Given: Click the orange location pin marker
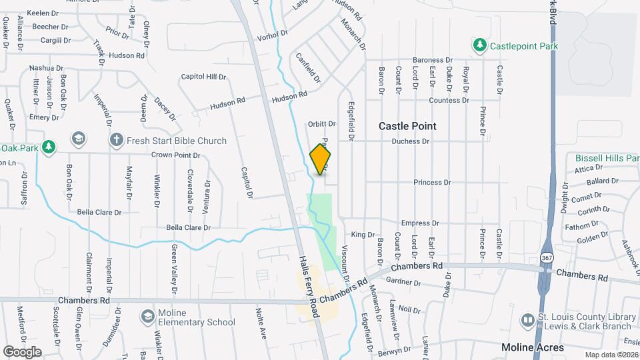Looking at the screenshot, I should tap(321, 159).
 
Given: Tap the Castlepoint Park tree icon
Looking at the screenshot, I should tap(479, 45).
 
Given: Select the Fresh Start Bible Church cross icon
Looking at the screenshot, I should tap(116, 141).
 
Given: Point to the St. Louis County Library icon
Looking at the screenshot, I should tap(528, 321).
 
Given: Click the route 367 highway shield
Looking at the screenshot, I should tap(547, 257).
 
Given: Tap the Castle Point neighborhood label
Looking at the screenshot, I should tap(407, 126).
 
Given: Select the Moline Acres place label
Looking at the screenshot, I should tap(533, 347).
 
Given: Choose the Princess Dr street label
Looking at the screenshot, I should tap(432, 182).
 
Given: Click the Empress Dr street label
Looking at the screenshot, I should tap(420, 223).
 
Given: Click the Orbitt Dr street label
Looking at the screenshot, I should tap(321, 124).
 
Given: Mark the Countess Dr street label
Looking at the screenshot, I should tap(449, 101).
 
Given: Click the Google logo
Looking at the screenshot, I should tap(22, 351).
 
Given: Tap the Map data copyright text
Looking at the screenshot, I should tap(611, 355).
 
